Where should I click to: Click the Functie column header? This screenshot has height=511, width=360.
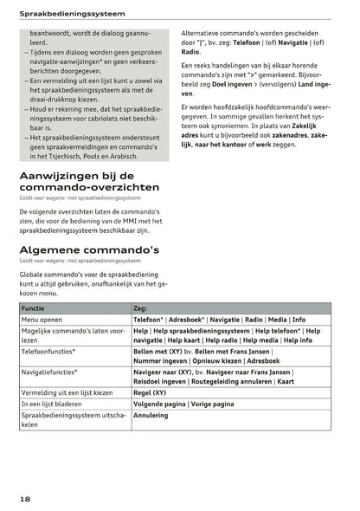[x=35, y=307]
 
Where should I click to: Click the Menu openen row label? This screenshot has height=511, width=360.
[x=44, y=319]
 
